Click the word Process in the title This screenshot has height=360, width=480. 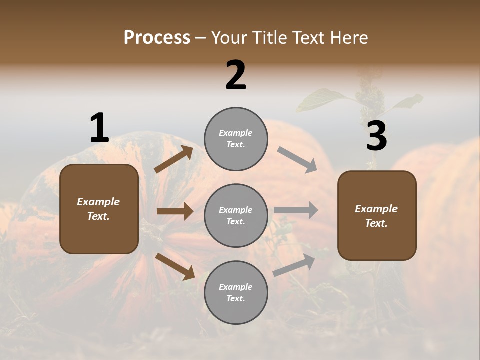157,38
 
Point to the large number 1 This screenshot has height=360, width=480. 99,128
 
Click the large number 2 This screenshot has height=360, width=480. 236,75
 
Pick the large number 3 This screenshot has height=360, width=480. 376,136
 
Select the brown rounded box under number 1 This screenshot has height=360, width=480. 99,209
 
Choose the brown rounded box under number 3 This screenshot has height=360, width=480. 377,216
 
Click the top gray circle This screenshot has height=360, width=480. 236,139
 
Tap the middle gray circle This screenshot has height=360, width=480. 236,215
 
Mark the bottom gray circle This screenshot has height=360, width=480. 236,292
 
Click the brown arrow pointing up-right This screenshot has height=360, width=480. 174,159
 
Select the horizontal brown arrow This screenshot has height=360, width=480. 175,211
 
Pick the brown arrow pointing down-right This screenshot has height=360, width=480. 175,266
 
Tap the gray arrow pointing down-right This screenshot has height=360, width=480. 297,159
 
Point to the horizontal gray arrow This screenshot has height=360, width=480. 296,210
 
